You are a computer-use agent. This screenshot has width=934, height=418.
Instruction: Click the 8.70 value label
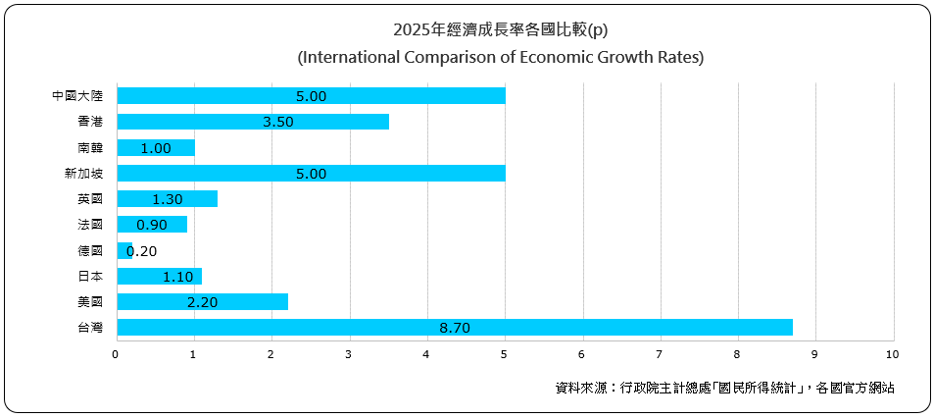(455, 327)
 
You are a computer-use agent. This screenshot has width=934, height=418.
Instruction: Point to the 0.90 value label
(152, 225)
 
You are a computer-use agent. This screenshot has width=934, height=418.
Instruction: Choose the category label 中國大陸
(77, 96)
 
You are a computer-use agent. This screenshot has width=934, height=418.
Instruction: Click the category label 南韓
(90, 147)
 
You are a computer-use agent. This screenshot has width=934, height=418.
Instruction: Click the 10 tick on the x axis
(892, 352)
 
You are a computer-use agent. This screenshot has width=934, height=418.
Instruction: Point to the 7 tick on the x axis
(660, 352)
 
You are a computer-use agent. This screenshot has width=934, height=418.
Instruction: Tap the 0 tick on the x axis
(116, 352)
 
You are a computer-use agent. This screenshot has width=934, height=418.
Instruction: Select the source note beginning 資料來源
(724, 388)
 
